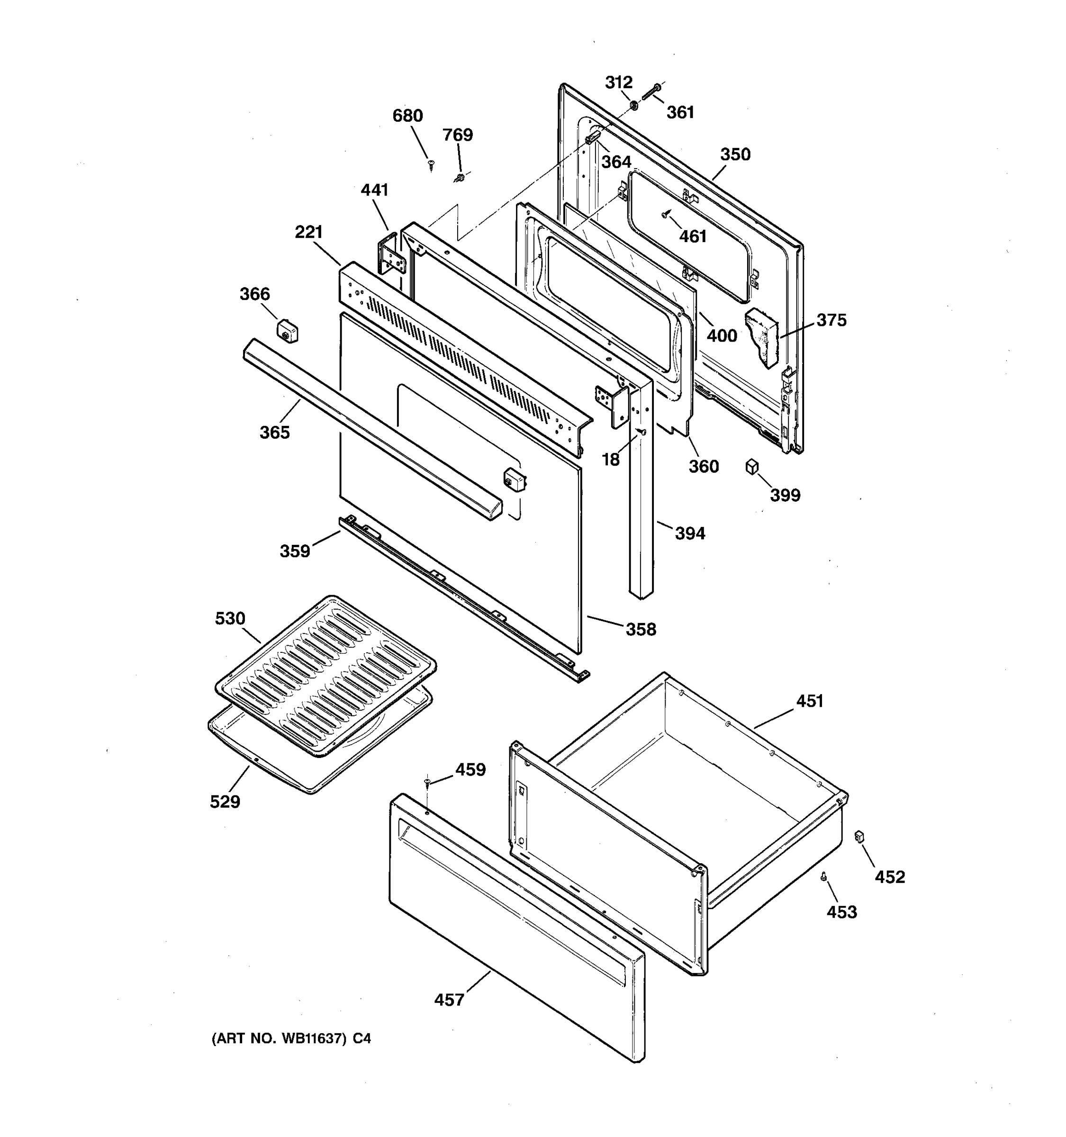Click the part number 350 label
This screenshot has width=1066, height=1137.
point(735,154)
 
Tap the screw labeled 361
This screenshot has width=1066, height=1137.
point(651,91)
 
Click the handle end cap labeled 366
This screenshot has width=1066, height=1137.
point(287,332)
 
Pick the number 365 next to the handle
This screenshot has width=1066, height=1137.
point(274,433)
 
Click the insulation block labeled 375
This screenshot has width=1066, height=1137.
point(762,337)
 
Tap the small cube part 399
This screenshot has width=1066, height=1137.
point(752,467)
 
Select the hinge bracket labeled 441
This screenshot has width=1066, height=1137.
point(392,254)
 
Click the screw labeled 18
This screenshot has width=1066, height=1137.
point(641,432)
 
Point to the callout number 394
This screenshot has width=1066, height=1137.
point(690,533)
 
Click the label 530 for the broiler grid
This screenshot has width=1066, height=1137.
point(230,618)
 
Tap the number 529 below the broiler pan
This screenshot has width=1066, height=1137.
point(225,802)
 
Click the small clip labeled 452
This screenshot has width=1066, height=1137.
point(858,837)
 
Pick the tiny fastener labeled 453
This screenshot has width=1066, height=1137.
point(824,875)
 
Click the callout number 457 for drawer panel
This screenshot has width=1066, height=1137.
point(449,1000)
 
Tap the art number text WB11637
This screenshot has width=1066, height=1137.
point(314,1038)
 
